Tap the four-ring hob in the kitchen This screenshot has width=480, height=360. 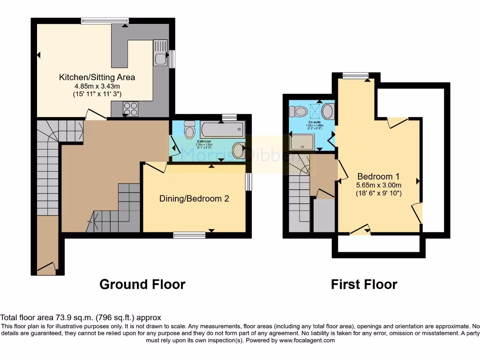click(130, 108)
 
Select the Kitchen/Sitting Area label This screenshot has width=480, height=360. click(97, 77)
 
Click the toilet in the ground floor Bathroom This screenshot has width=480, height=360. click(189, 129)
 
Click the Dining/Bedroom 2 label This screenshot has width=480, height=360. click(194, 198)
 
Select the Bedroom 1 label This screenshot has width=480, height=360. click(378, 176)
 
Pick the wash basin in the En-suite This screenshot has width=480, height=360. click(328, 112)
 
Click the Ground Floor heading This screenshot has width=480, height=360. click(142, 284)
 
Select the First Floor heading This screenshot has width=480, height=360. click(364, 284)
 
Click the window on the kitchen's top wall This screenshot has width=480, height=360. click(105, 21)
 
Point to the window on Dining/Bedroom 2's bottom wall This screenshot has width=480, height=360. click(189, 235)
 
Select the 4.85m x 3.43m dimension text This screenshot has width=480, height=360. click(97, 86)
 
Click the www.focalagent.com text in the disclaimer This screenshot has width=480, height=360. click(307, 340)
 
